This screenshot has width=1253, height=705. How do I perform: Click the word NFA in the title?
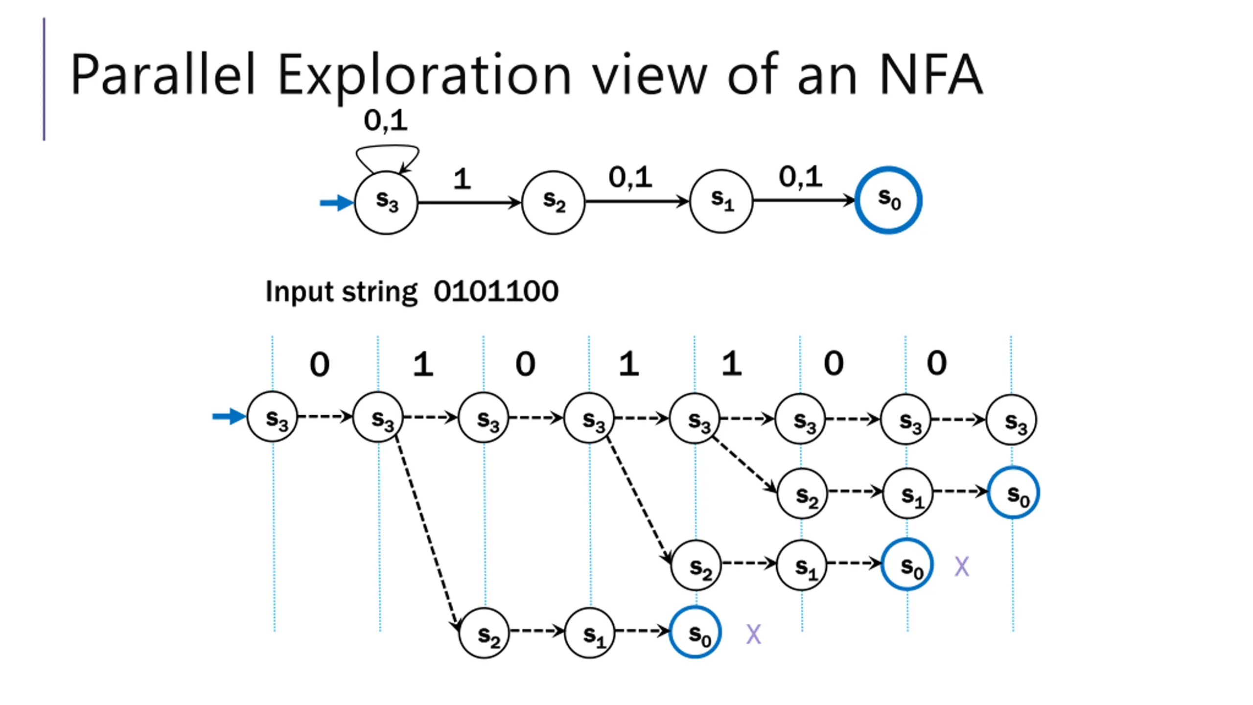click(931, 74)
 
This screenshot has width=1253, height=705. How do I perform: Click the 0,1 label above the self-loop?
click(385, 120)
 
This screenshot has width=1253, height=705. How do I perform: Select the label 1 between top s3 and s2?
click(462, 179)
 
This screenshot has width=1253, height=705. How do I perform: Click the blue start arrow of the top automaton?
click(337, 202)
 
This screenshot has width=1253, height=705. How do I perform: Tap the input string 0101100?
click(496, 291)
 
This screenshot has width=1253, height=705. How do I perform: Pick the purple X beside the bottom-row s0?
click(754, 634)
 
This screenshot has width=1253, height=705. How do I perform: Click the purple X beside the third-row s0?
click(962, 567)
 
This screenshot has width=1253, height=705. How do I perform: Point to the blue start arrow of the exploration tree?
click(229, 417)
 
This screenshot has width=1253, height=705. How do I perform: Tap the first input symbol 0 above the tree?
click(320, 364)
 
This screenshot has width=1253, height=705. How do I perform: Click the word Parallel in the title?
click(163, 74)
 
